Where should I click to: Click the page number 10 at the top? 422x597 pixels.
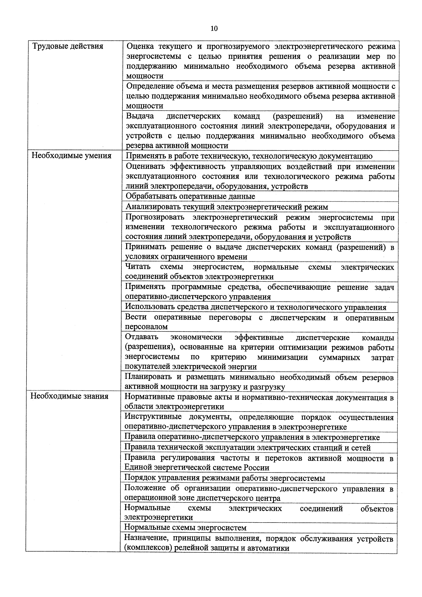214,28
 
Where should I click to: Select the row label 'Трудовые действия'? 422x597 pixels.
67,46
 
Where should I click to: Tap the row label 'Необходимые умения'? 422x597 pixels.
71,156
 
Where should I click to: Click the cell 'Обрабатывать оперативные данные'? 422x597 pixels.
190,196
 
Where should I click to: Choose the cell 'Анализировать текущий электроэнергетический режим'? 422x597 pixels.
227,207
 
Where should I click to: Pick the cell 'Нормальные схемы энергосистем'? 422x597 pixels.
185,527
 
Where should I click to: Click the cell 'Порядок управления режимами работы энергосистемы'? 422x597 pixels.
225,478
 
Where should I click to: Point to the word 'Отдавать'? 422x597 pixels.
142,337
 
